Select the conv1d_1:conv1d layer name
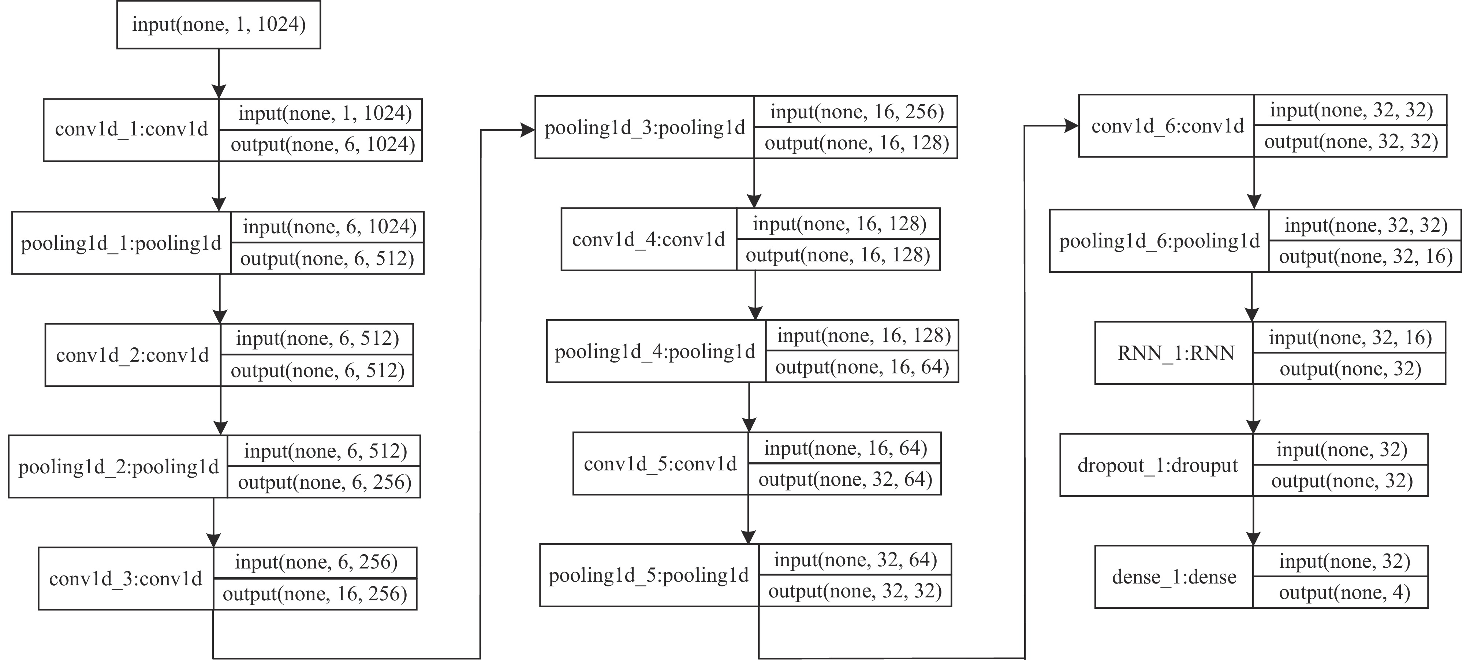tap(131, 130)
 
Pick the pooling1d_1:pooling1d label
tap(121, 243)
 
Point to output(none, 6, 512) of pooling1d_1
tap(327, 259)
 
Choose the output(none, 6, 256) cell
tap(324, 482)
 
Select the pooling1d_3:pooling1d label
tap(644, 128)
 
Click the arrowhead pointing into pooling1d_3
tap(527, 130)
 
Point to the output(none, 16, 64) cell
tap(862, 367)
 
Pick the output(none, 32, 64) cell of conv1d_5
tap(844, 479)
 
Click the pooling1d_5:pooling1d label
tap(648, 575)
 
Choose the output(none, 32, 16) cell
tap(1365, 257)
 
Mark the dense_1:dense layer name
tap(1174, 577)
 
